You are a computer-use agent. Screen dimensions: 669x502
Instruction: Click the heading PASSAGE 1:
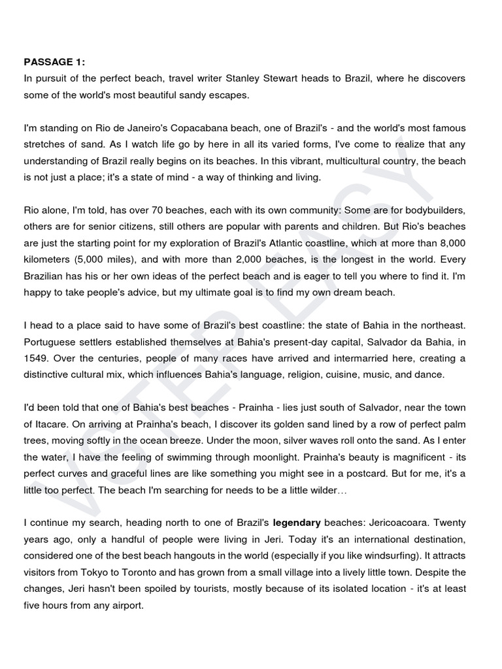click(55, 62)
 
